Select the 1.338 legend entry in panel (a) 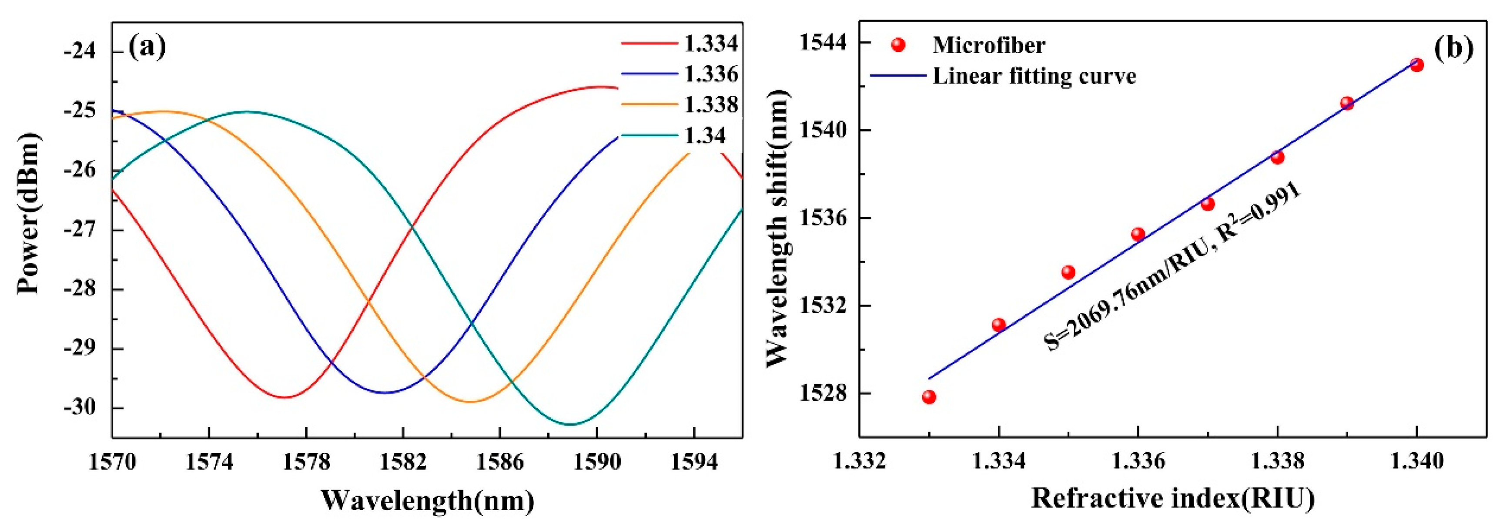(x=710, y=104)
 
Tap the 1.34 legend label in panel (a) (x=704, y=135)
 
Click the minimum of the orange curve (x=470, y=402)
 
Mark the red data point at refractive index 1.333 (x=929, y=397)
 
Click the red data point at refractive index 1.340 (x=1416, y=65)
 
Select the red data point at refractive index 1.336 (x=1138, y=234)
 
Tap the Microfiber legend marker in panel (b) (x=898, y=45)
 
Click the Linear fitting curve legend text (x=1034, y=76)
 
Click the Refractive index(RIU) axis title (x=1173, y=500)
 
